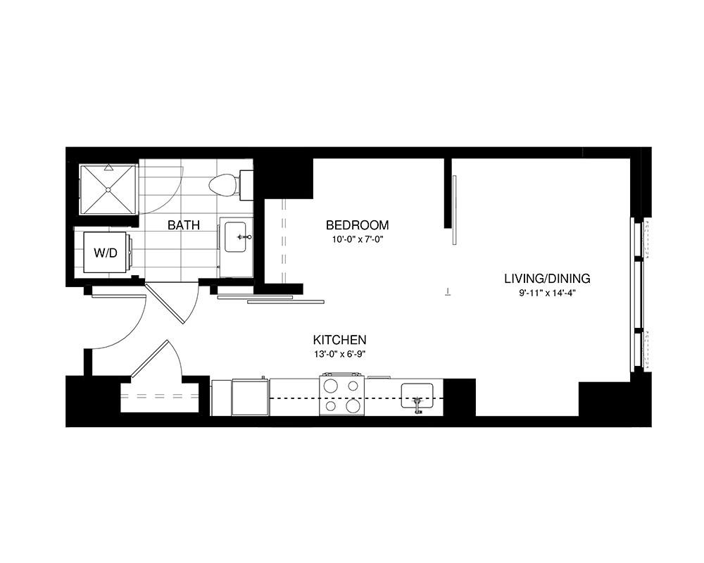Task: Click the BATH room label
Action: (x=183, y=225)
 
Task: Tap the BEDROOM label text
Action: (x=357, y=225)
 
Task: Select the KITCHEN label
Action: (x=339, y=339)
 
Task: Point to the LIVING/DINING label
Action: (x=547, y=279)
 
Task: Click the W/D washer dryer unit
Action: (x=106, y=253)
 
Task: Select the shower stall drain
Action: (x=108, y=190)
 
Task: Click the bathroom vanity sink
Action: (x=235, y=237)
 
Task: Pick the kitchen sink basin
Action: (x=417, y=396)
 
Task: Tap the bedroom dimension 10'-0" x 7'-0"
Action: (x=358, y=239)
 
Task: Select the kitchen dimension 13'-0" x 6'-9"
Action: (x=339, y=354)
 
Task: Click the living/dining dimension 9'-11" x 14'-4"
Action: (x=547, y=293)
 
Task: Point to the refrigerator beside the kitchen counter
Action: (x=251, y=398)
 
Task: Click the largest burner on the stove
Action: (x=353, y=406)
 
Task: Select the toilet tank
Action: (x=246, y=185)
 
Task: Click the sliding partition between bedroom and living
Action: (x=454, y=210)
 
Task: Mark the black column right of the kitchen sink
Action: (x=459, y=398)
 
